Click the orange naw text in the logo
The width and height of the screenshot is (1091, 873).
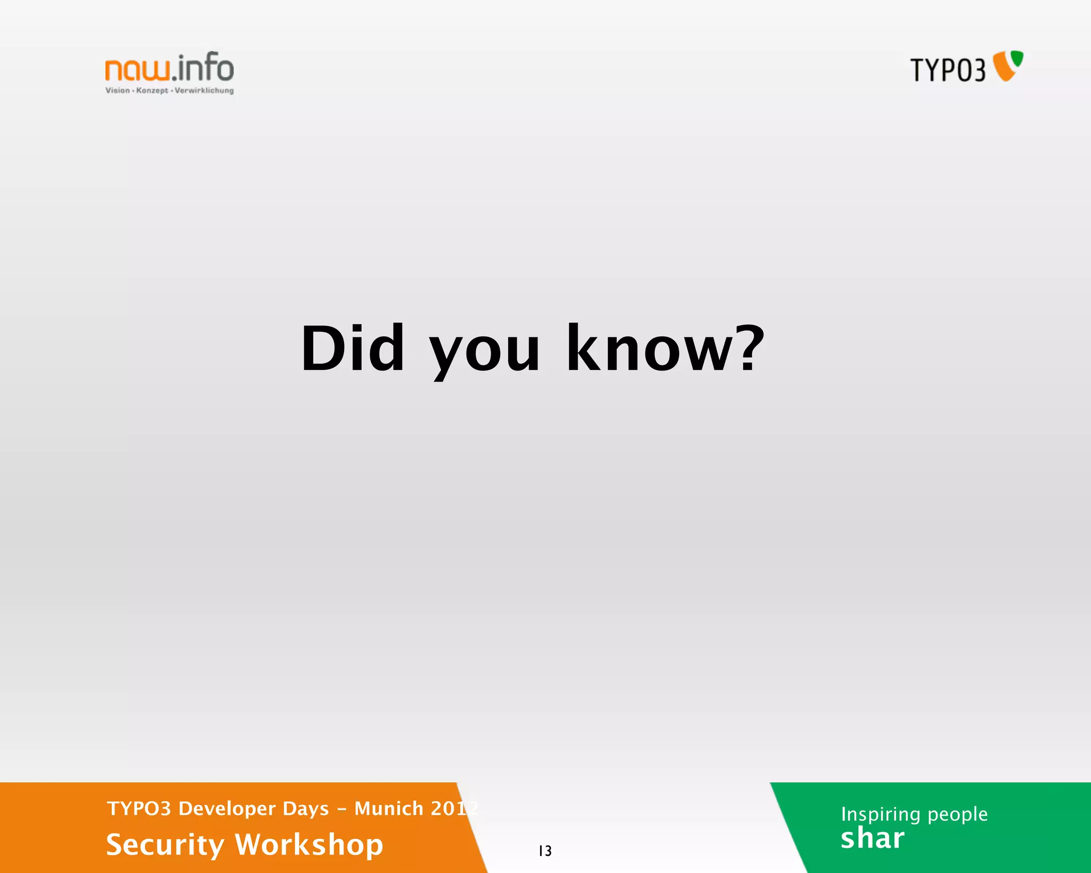138,70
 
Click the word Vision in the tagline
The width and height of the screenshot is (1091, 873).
117,91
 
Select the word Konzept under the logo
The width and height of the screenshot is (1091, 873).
152,91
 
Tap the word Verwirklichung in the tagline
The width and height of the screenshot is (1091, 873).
204,91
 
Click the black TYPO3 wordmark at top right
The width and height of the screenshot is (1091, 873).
948,70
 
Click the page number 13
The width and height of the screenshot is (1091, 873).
545,851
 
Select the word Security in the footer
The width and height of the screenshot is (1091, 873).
165,845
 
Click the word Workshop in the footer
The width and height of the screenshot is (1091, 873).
309,845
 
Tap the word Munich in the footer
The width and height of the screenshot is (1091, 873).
389,809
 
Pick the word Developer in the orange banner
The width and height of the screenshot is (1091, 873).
227,809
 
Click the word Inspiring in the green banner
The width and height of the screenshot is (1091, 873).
881,814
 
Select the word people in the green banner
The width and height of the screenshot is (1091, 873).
957,814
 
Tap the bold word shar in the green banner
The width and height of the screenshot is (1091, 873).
872,838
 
